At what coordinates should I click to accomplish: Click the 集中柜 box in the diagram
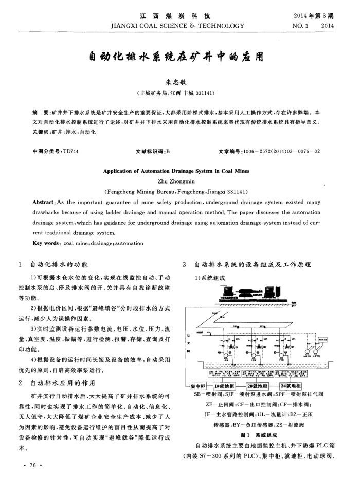[x=199, y=386]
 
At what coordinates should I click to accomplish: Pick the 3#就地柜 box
[x=291, y=386]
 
